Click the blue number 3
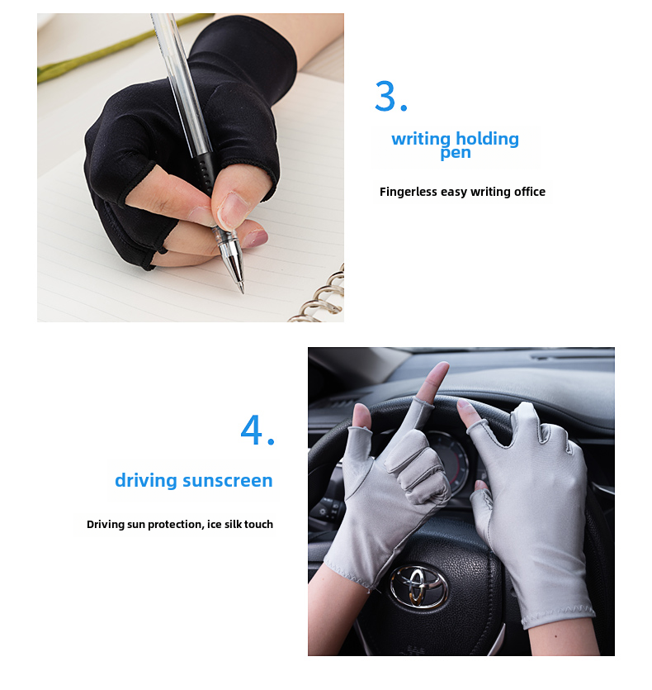point(385,96)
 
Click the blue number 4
point(252,430)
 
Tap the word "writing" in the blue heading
point(421,140)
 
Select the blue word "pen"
point(456,153)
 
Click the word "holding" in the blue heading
point(487,139)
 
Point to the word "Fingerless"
point(408,192)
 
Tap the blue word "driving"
point(146,480)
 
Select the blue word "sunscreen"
point(227,481)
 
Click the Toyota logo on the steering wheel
point(418,586)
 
